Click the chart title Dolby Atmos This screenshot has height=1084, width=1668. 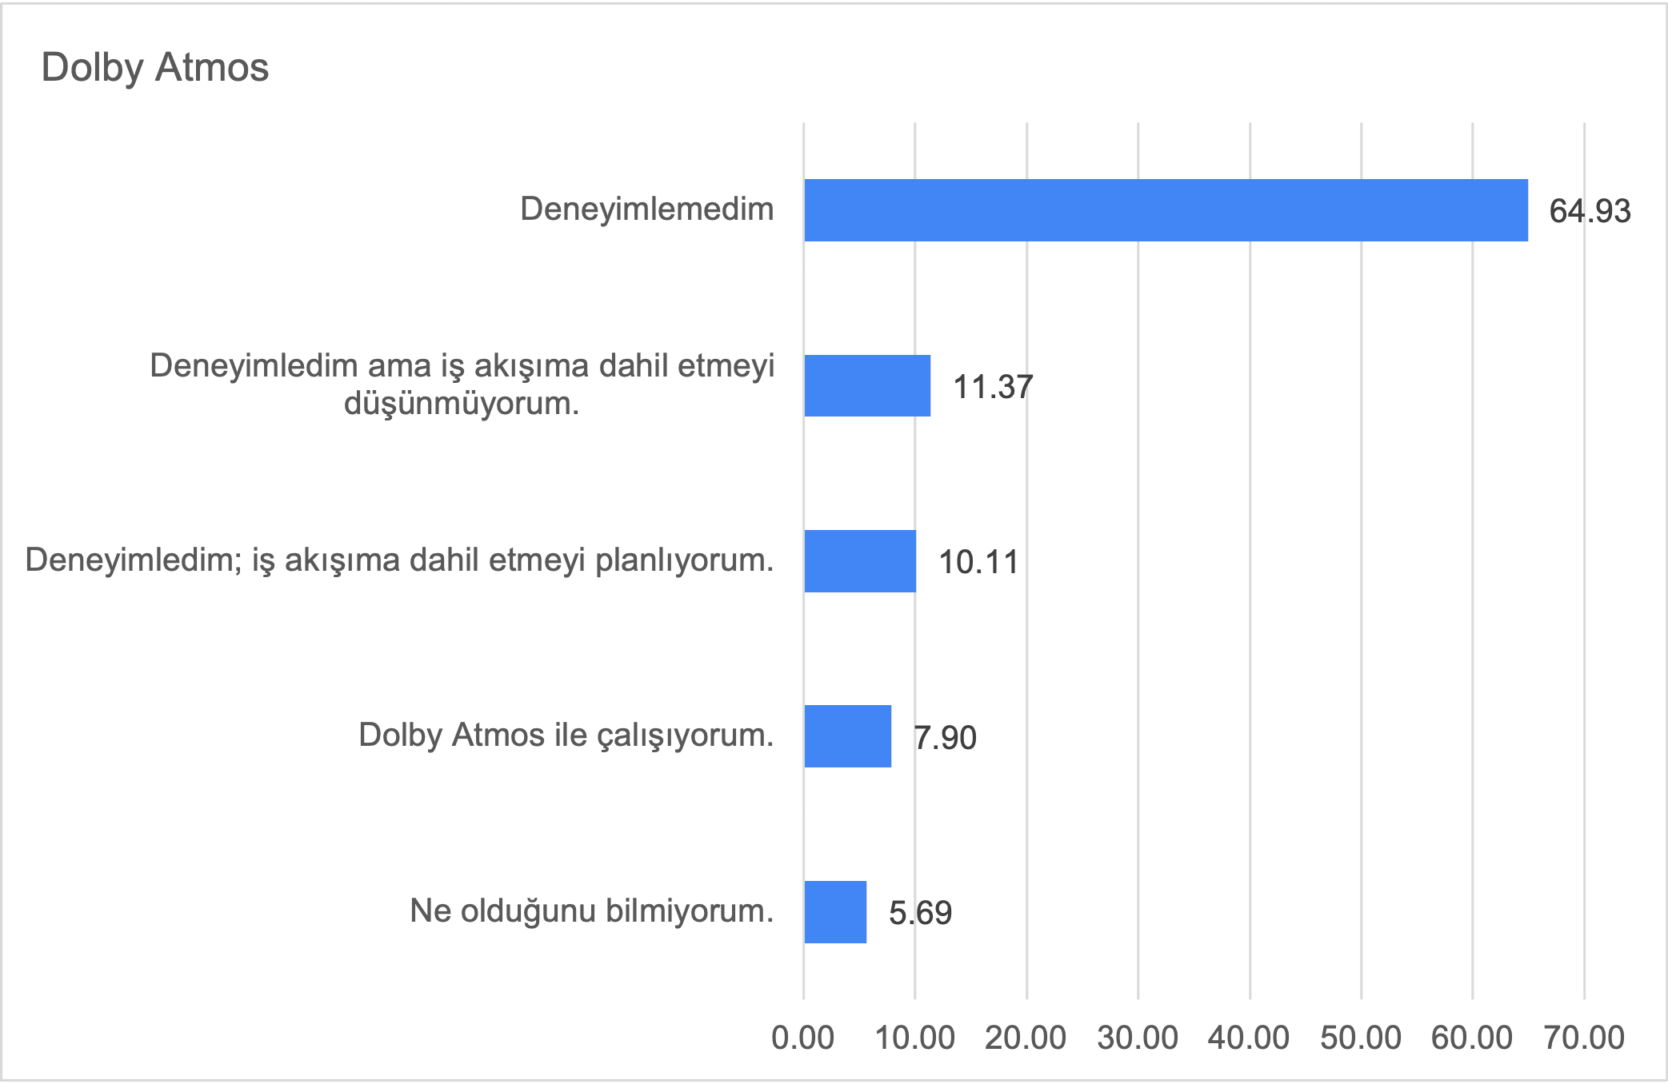(155, 67)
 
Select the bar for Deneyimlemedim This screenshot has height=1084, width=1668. (1166, 210)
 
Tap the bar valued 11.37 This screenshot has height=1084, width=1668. (867, 385)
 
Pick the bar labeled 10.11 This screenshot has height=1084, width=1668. (860, 561)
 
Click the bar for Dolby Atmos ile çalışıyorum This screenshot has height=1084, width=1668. (848, 736)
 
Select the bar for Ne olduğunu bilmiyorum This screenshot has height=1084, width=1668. (835, 912)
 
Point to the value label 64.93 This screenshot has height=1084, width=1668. (1590, 211)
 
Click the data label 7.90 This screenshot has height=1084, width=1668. (945, 737)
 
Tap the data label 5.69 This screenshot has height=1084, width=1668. (920, 913)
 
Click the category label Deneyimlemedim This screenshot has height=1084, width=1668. (646, 209)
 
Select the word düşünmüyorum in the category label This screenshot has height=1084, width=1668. (461, 404)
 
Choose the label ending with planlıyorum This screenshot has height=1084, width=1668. (399, 560)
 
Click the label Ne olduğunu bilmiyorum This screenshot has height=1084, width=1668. (591, 911)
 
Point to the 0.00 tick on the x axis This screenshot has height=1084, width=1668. (803, 1038)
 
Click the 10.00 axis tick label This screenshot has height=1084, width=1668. (914, 1038)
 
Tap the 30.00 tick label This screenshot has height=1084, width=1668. (1138, 1038)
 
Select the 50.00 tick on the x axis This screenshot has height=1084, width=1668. (1361, 1038)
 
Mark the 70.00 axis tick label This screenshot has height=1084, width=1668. (1584, 1038)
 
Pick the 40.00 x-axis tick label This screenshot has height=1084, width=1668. (1249, 1038)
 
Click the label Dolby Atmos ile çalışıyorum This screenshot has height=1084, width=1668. (566, 735)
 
